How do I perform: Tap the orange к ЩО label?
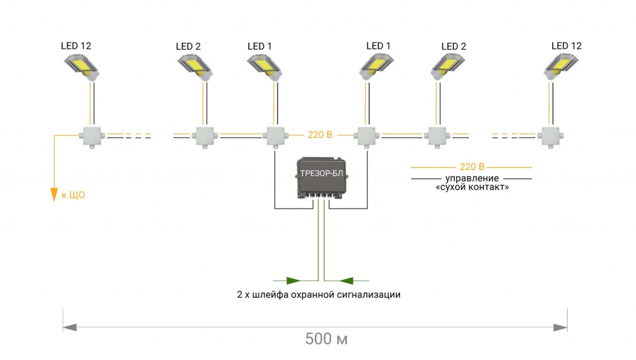tap(73, 195)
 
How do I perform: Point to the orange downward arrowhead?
tap(54, 195)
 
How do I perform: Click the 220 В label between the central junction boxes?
tap(320, 134)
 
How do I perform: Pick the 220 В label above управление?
tap(472, 167)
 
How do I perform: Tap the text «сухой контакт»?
tap(472, 187)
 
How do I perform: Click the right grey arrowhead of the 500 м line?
tap(560, 327)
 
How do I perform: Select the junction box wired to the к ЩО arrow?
tap(91, 136)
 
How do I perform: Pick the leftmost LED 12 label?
tap(76, 45)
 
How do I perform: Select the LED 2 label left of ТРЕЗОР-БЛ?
tap(188, 46)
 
